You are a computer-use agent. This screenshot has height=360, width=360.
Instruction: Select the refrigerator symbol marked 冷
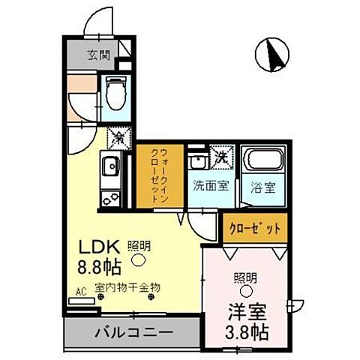[x=118, y=137]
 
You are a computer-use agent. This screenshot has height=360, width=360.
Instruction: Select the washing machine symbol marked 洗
[x=221, y=157]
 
